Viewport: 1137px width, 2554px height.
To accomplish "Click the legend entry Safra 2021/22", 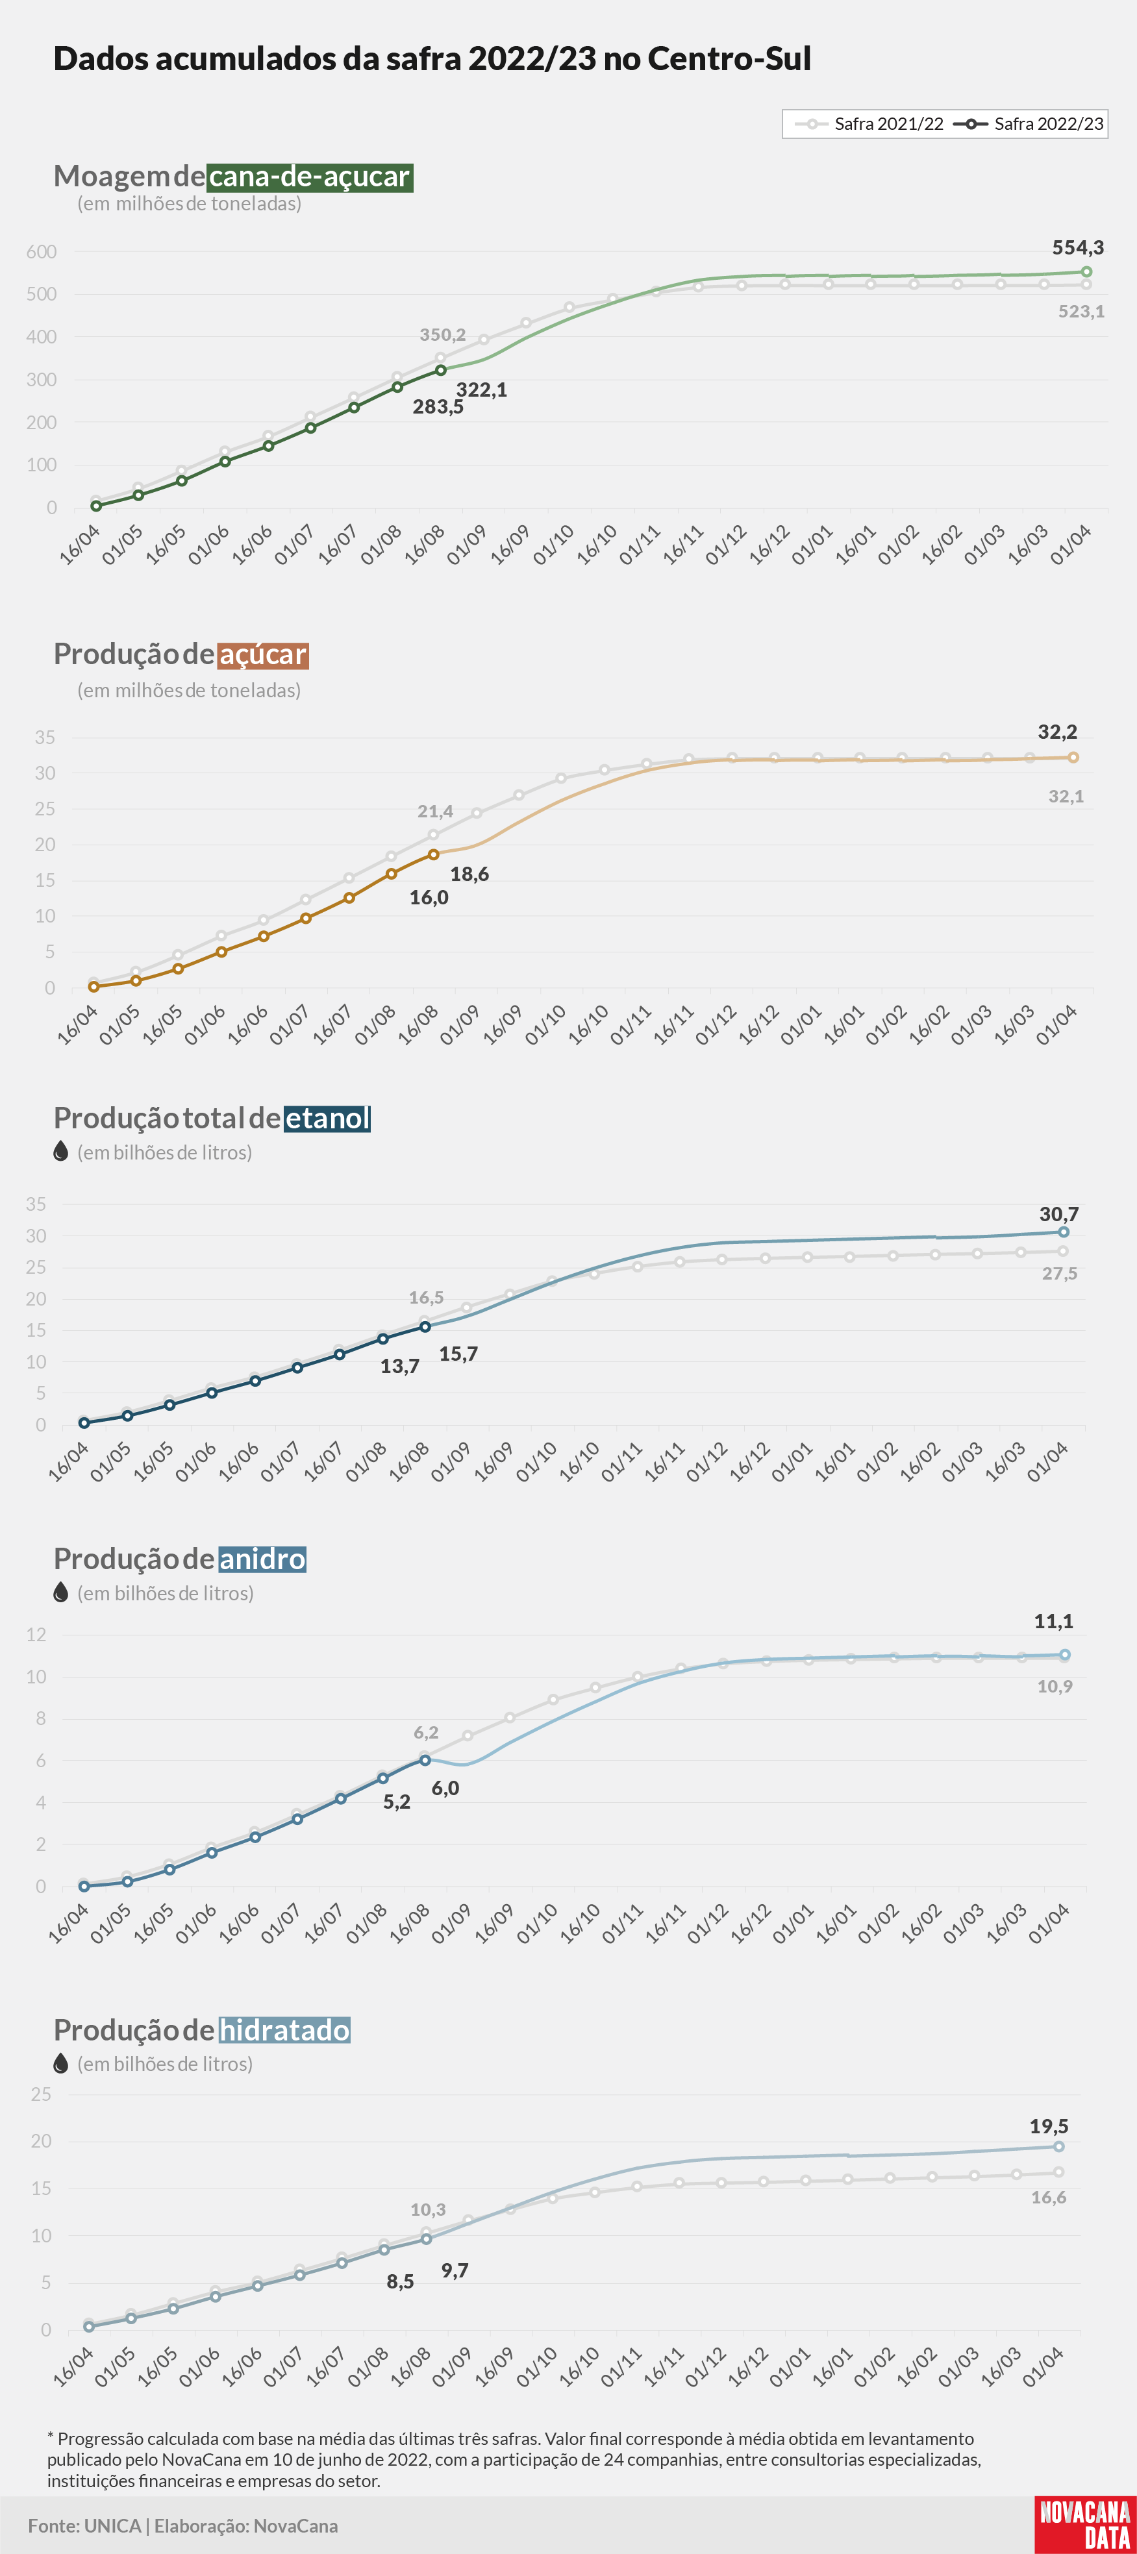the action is pos(869,124).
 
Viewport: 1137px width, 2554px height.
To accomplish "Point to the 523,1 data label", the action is pos(1081,312).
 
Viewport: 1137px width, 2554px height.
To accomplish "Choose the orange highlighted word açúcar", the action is pos(263,654).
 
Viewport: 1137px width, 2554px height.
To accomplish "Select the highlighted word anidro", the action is pos(262,1559).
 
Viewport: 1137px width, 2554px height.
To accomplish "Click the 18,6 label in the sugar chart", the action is pos(469,873).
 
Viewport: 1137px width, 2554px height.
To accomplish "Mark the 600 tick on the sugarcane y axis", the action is pos(42,252).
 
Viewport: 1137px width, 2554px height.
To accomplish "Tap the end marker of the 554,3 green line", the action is pos(1086,271).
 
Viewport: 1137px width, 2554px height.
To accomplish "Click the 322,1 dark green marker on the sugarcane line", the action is pos(441,371).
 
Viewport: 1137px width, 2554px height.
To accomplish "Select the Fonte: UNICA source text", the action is pos(84,2525).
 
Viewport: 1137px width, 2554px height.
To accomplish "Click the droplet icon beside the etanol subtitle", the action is pos(60,1151).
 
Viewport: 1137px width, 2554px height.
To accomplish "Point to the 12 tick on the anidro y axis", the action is pos(36,1635).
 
